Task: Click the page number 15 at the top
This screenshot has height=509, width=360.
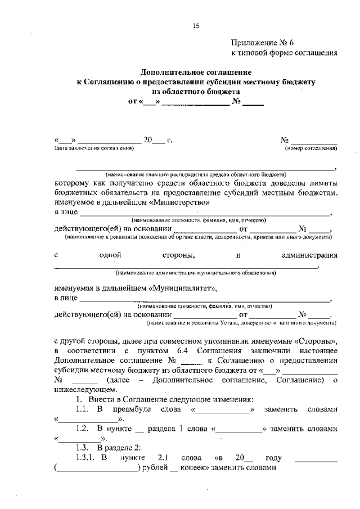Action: point(196,25)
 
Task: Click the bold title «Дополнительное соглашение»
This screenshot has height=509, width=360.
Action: point(196,73)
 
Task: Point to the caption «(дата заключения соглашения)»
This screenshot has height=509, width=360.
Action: point(94,148)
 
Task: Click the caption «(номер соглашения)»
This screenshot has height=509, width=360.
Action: point(311,148)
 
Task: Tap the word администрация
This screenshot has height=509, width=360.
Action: point(309,255)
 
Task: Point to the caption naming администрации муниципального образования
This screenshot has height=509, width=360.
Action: point(196,273)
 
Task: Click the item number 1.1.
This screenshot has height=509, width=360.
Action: point(84,409)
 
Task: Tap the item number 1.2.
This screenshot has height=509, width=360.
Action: point(84,428)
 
